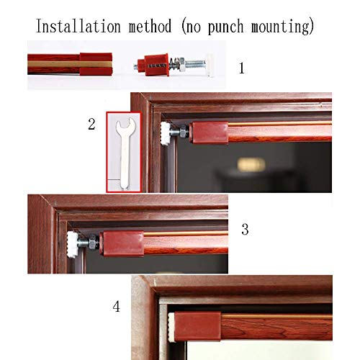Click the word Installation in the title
pos(78,26)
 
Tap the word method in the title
pos(150,26)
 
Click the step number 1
pos(242,68)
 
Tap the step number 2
pos(91,124)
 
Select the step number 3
pos(245,229)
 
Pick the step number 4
pos(116,307)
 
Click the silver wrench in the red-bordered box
pos(125,153)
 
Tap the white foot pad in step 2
pos(166,133)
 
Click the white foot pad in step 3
pos(72,244)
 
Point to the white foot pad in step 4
pos(171,326)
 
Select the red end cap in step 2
pos(209,132)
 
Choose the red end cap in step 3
pos(122,244)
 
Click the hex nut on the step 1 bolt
pos(181,65)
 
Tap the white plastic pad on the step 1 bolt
pos(210,66)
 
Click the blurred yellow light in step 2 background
pos(251,165)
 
